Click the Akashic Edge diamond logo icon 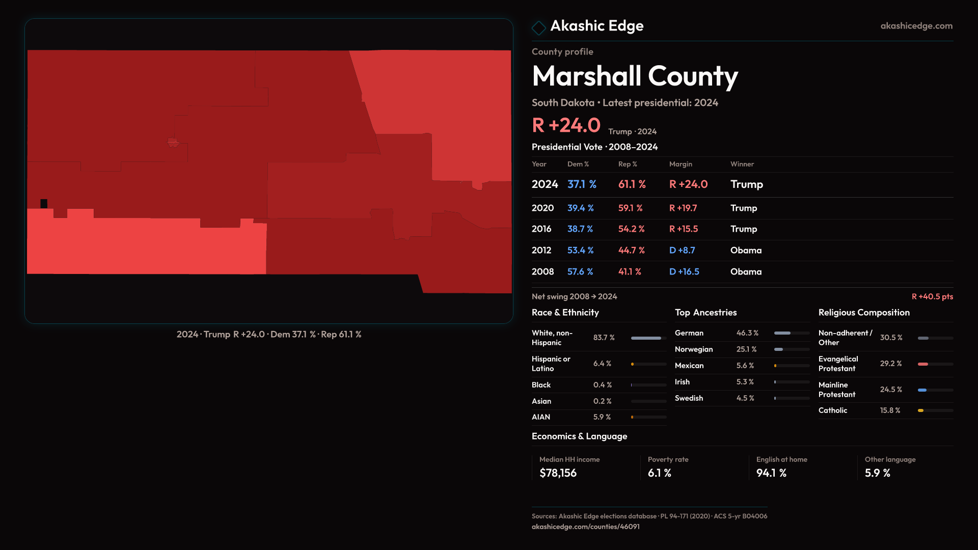[538, 28]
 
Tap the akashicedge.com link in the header [916, 26]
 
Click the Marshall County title [635, 76]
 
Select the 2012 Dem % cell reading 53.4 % [580, 251]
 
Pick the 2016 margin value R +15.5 [683, 229]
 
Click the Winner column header [742, 164]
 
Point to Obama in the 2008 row [746, 272]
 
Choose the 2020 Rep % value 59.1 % [630, 208]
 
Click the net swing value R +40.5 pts [932, 296]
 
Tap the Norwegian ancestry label [693, 349]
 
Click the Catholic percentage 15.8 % [890, 410]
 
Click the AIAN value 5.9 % [602, 417]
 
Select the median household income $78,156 [558, 473]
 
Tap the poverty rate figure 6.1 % [659, 473]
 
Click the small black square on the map [44, 204]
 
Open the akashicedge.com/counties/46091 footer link [585, 527]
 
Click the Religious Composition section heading [863, 313]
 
